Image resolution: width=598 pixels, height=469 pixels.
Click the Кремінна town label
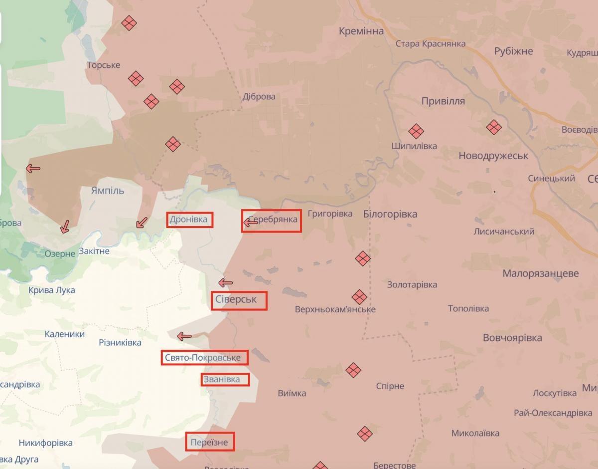tap(361, 31)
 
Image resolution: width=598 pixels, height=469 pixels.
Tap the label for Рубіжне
tap(513, 51)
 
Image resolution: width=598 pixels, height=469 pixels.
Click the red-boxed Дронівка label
tap(189, 220)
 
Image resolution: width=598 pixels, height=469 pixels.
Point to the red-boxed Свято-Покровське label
tap(204, 358)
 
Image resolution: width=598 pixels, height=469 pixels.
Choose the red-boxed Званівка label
tap(222, 380)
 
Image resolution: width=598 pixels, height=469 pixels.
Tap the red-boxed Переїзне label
tap(209, 442)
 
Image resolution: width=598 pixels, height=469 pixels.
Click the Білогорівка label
tap(390, 214)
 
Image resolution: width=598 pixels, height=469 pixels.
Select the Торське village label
tap(104, 65)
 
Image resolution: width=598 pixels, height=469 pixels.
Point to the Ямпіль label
tap(108, 191)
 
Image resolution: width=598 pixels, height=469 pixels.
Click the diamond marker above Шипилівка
tap(416, 131)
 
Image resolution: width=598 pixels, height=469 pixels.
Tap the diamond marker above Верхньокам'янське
tap(359, 297)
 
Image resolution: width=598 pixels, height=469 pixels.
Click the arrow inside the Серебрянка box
tap(250, 223)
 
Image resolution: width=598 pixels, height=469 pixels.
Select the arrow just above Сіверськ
tap(225, 283)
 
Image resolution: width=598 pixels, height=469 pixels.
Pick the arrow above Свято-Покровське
tap(185, 336)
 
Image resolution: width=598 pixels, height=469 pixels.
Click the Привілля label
tap(443, 101)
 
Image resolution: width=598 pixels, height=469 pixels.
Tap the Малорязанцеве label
tap(540, 273)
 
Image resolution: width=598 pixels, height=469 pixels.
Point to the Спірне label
tap(390, 386)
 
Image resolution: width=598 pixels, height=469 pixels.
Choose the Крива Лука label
tap(52, 290)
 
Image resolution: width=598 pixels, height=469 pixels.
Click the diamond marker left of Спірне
tap(353, 370)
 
